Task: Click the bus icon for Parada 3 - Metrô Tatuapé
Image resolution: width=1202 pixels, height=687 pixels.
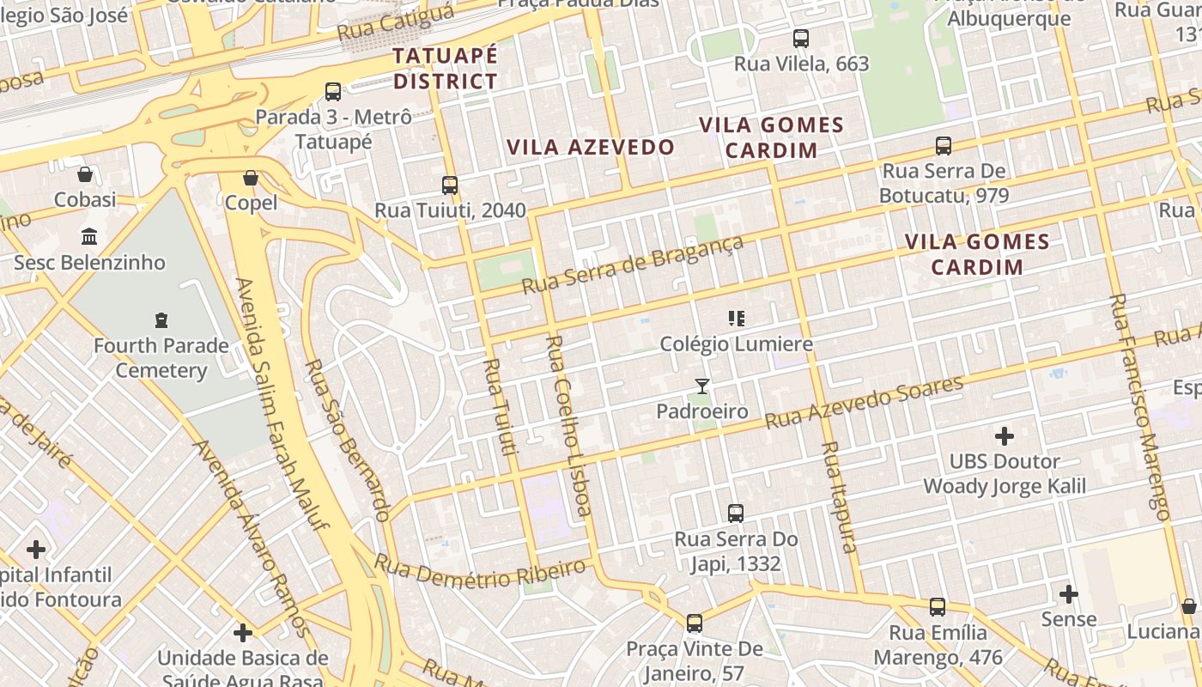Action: (333, 91)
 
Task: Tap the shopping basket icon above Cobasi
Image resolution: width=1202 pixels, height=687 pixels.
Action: (85, 174)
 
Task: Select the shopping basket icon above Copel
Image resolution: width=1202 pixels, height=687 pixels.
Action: (251, 178)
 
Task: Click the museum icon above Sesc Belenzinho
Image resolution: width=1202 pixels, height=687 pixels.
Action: (89, 236)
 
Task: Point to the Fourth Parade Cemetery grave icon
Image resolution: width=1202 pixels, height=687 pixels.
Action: (161, 320)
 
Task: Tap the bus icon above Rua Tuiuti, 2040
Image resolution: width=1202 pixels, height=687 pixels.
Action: (450, 185)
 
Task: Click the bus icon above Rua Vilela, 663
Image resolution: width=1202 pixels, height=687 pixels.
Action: (801, 38)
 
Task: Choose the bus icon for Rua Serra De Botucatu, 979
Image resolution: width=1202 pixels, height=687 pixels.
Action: (944, 145)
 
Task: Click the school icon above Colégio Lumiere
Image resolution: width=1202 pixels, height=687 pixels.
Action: (736, 319)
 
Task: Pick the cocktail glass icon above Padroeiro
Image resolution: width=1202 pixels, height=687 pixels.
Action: (702, 386)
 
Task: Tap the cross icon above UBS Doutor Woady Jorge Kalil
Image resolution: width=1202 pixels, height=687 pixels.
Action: (1004, 435)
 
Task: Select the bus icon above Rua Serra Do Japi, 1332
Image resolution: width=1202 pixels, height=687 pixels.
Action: (736, 514)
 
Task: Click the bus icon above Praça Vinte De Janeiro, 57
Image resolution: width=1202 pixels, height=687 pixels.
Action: (695, 623)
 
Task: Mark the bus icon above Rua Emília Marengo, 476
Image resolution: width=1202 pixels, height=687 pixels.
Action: (938, 607)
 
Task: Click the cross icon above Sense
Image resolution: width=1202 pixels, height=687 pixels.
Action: (1069, 593)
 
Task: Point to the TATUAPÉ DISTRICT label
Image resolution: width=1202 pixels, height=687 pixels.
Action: (445, 69)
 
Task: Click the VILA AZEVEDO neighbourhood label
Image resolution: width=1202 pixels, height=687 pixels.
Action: (591, 147)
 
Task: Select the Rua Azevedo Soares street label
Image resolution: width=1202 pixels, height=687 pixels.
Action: (865, 402)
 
